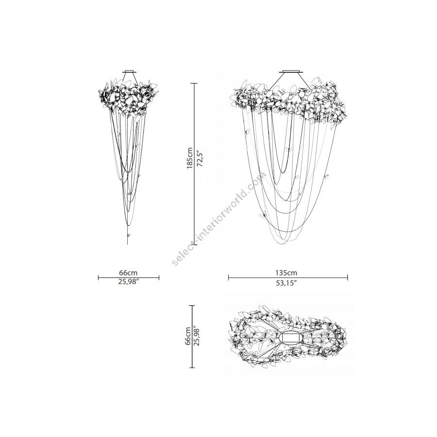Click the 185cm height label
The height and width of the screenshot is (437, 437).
click(190, 158)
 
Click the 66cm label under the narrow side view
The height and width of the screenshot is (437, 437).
click(128, 272)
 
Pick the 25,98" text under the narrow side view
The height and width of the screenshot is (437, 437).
click(129, 282)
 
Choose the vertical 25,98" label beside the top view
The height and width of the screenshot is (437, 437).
click(197, 336)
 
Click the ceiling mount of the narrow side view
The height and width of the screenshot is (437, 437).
click(130, 71)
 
